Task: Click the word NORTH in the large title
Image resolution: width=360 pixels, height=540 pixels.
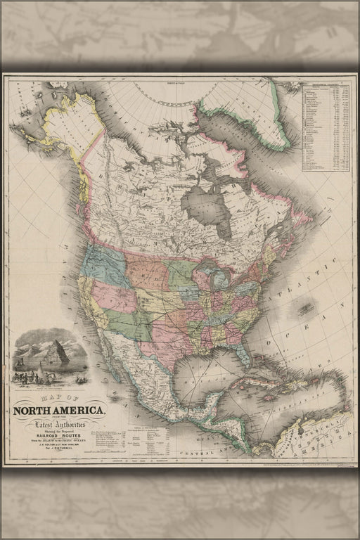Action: tap(34, 411)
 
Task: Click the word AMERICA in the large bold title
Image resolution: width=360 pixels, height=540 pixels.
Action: tap(79, 411)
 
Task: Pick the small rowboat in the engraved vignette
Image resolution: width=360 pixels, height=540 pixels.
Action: tap(81, 380)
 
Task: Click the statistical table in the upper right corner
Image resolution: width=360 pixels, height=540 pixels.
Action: tap(326, 127)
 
